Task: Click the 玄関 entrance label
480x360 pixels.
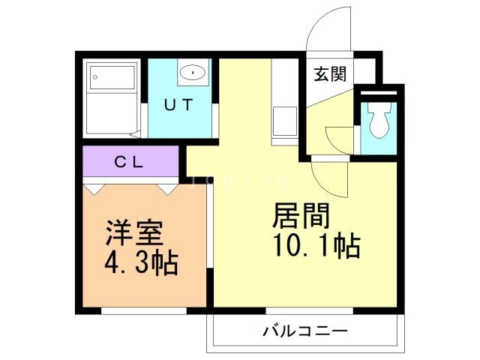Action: click(328, 74)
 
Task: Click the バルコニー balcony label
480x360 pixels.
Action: click(304, 330)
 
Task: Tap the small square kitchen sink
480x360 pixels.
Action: click(284, 121)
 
